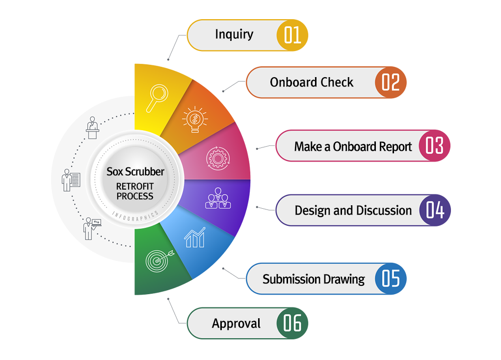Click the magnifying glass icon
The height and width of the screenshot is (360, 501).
(x=157, y=98)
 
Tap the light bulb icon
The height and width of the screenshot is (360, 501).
(x=195, y=119)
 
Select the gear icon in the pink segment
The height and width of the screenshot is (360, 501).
(x=217, y=158)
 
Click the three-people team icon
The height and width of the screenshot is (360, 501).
(x=218, y=198)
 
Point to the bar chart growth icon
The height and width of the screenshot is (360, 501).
(x=195, y=237)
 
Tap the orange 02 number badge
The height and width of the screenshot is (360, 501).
(x=391, y=82)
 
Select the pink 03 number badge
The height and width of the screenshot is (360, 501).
(x=435, y=145)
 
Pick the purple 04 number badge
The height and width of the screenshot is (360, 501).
(x=435, y=210)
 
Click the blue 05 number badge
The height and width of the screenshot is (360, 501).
(x=391, y=278)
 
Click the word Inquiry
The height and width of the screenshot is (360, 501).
(x=234, y=34)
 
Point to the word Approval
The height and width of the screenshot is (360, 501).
(x=236, y=324)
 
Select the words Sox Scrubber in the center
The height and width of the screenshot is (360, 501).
(x=135, y=172)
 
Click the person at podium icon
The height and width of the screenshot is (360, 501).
(x=92, y=128)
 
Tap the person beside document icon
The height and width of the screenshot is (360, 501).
(x=71, y=180)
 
